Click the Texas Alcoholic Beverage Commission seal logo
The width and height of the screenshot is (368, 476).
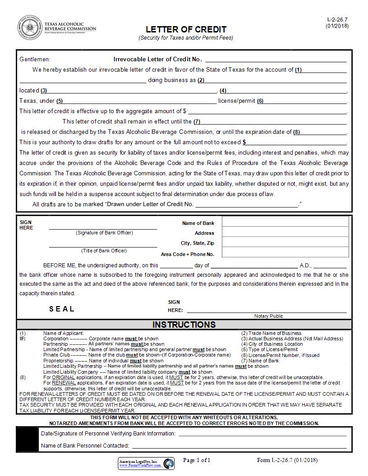[x=29, y=27]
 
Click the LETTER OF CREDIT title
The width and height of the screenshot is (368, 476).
[x=186, y=29]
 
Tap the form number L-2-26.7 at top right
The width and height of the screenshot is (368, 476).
[x=337, y=20]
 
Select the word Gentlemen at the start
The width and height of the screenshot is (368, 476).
[x=35, y=59]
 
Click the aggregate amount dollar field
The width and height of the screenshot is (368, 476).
[x=267, y=111]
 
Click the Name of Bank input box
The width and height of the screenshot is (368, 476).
[x=285, y=222]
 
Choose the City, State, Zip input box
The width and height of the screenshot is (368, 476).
[x=285, y=242]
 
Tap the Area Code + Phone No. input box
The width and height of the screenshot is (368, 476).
[x=285, y=252]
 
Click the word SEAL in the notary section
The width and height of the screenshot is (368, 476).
[x=62, y=309]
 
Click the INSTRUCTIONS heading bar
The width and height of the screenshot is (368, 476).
[x=184, y=325]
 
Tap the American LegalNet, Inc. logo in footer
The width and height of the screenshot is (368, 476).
[x=146, y=463]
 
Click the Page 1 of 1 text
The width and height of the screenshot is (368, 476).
[x=197, y=460]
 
